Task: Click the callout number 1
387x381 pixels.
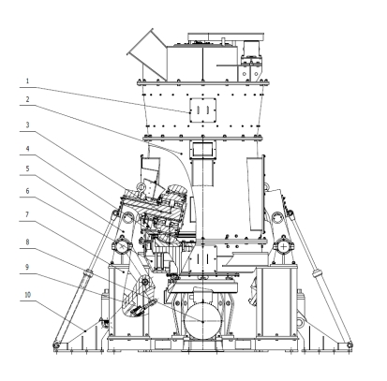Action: (27, 81)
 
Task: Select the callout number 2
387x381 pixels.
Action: (27, 99)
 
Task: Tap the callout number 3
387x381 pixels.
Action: (27, 125)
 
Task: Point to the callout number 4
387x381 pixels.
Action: (27, 149)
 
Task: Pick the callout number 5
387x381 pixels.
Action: (27, 169)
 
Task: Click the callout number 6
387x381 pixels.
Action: (27, 191)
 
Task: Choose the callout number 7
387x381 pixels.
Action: (27, 214)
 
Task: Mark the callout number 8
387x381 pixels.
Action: (27, 242)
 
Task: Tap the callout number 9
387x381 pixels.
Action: (27, 267)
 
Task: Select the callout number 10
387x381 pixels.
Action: (28, 295)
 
